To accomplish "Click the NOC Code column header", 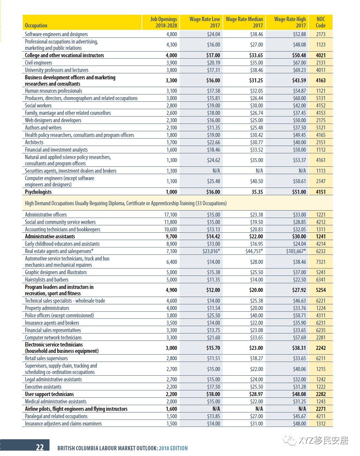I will pyautogui.click(x=321, y=22).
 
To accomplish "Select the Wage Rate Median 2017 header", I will pyautogui.click(x=244, y=22).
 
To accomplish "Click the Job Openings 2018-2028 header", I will pyautogui.click(x=164, y=22).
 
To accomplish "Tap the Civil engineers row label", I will pyautogui.click(x=38, y=63).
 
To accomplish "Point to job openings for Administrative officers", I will pyautogui.click(x=171, y=215).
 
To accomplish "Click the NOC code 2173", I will pyautogui.click(x=321, y=34).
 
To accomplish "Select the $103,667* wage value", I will pyautogui.click(x=296, y=251).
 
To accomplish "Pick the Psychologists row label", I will pyautogui.click(x=38, y=192).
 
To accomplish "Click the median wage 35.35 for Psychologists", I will pyautogui.click(x=257, y=192).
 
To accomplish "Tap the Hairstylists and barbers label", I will pyautogui.click(x=47, y=280).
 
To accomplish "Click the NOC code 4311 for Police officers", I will pyautogui.click(x=321, y=315).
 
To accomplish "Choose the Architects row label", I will pyautogui.click(x=34, y=142).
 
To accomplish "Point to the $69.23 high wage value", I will pyautogui.click(x=299, y=70).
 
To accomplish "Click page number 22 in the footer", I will pyautogui.click(x=40, y=447).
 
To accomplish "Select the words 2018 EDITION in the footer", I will pyautogui.click(x=173, y=448).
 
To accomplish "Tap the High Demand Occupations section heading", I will pyautogui.click(x=125, y=203).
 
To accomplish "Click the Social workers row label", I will pyautogui.click(x=38, y=105).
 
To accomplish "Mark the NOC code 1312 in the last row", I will pyautogui.click(x=321, y=424).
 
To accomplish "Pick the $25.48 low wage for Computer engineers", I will pyautogui.click(x=213, y=181).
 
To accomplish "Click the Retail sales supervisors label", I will pyautogui.click(x=46, y=358).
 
